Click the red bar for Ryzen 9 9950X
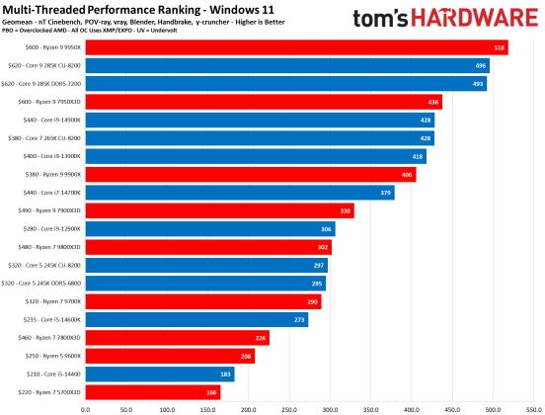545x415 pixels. coord(296,47)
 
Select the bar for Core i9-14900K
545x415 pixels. coord(259,120)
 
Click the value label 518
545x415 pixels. coord(500,47)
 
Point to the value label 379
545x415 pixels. coord(385,193)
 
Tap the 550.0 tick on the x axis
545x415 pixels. coord(534,406)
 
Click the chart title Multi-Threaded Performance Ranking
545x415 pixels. coord(138,9)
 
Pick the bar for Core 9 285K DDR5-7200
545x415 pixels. coord(285,84)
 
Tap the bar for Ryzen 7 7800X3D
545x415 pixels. coord(177,338)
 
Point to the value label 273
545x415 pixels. coord(299,320)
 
